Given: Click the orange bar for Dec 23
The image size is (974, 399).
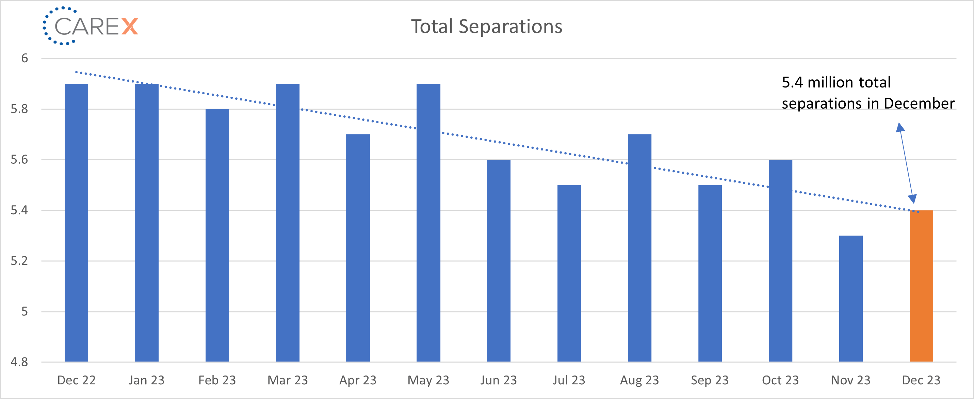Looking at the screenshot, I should pos(921,286).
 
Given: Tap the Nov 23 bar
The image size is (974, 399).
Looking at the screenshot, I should pos(851,299).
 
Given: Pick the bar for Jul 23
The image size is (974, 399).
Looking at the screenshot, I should pos(569,273).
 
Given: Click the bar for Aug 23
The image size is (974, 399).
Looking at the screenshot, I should pos(639,248).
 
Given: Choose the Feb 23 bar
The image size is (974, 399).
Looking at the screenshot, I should pos(217,235).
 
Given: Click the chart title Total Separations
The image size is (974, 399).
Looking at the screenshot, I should pos(487,27).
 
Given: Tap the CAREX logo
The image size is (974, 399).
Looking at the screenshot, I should pos(91,26).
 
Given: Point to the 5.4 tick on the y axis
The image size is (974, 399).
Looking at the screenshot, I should pos(19,210).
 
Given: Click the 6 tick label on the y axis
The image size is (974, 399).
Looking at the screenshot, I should pos(25,58).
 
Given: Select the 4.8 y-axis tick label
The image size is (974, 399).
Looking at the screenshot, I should pos(19,362).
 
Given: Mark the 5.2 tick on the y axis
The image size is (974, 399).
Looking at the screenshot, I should pos(19,260).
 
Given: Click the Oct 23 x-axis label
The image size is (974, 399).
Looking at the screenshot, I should pos(780,380).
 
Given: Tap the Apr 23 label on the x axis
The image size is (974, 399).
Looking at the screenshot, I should pos(358,380).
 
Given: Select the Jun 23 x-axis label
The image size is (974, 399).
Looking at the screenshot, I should pos(498,380).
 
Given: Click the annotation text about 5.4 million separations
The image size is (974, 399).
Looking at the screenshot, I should pos(868,93).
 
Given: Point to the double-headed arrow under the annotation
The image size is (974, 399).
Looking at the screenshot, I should pos(906,163).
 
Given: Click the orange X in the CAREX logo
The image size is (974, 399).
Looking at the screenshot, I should pos(130,27).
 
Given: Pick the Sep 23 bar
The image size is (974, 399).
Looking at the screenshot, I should pos(710,273).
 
